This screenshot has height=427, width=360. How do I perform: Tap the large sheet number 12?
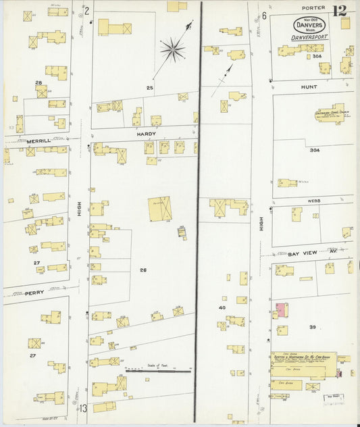click(x=340, y=10)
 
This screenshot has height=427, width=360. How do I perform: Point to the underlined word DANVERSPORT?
click(x=309, y=38)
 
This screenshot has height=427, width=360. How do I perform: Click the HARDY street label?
click(x=146, y=134)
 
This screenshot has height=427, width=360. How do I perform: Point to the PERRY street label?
click(x=34, y=293)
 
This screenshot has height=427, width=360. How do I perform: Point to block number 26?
click(x=143, y=270)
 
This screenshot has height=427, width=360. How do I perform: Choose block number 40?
click(x=222, y=308)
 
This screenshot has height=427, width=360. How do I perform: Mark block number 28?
click(x=38, y=82)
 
